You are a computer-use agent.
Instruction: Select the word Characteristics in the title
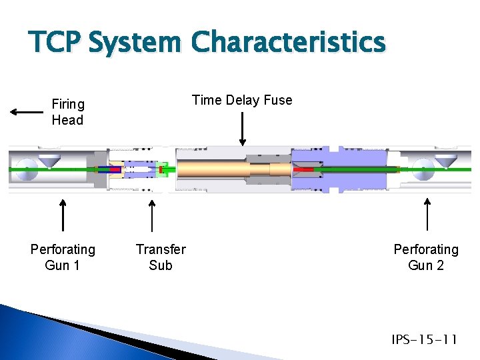click(288, 43)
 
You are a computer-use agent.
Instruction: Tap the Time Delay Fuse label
click(242, 100)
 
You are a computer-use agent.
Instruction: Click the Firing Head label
click(67, 112)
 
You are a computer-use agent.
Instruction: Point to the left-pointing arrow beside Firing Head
click(27, 112)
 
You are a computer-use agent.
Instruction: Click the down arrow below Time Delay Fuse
click(242, 129)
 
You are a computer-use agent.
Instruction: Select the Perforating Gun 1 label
click(63, 257)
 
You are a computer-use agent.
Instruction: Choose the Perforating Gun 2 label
click(426, 257)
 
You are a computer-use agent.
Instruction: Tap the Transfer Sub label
click(161, 257)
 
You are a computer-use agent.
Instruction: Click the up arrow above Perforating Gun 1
click(63, 215)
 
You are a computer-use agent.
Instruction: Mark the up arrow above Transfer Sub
click(153, 215)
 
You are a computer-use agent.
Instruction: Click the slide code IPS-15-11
click(424, 340)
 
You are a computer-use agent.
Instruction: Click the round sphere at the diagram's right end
click(423, 169)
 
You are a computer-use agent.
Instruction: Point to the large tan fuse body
click(213, 170)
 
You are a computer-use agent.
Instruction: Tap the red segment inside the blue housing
click(305, 169)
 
